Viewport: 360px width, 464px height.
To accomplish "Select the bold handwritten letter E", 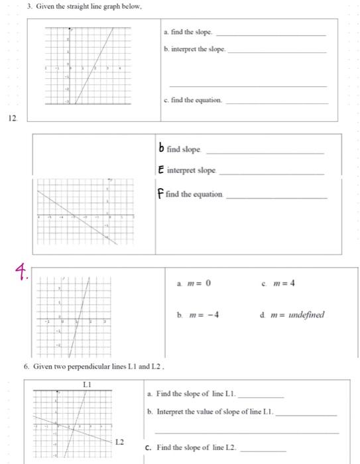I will pos(161,171).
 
